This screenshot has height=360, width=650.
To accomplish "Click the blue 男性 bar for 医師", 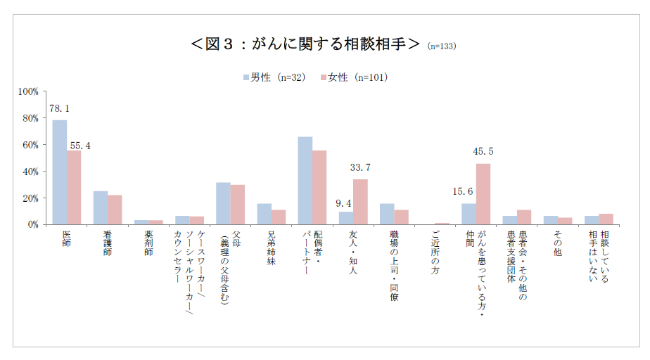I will pos(60,172).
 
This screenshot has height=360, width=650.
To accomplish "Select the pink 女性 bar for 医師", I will pos(74,188).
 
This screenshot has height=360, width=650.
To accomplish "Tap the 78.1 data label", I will pos(60,109).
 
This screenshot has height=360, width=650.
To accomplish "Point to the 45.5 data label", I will pos(483,151).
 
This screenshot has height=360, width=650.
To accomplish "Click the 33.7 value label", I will pos(360,167).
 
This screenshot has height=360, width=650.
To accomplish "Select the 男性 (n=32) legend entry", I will pos(274,77).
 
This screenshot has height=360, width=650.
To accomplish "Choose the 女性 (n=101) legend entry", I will pos(354,77).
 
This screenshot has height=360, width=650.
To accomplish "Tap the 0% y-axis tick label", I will pos(33,224).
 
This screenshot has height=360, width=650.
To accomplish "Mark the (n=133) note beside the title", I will pos(442,46).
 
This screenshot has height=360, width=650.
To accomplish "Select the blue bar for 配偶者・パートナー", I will pos(305,181).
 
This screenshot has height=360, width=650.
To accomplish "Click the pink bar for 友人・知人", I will pos(360,202).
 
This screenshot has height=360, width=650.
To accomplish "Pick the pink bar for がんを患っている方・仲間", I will pos(483,194).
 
